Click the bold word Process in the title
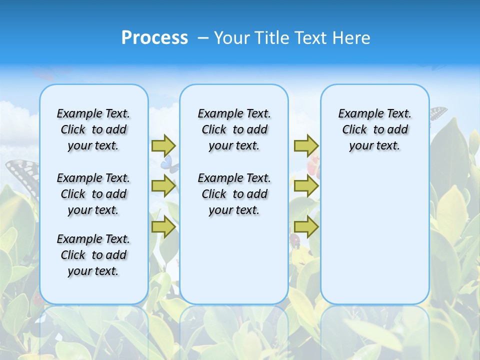pyautogui.click(x=154, y=38)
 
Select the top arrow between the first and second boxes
pyautogui.click(x=163, y=145)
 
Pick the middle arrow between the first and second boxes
pyautogui.click(x=163, y=186)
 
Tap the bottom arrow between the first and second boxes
pyautogui.click(x=163, y=227)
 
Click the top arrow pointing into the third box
pyautogui.click(x=306, y=145)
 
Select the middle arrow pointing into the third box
pyautogui.click(x=306, y=186)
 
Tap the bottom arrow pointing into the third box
pyautogui.click(x=306, y=227)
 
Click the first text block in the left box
pyautogui.click(x=93, y=129)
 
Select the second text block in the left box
pyautogui.click(x=93, y=194)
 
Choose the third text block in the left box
pyautogui.click(x=93, y=255)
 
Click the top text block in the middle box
pyautogui.click(x=234, y=129)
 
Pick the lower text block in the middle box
pyautogui.click(x=234, y=194)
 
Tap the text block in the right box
pyautogui.click(x=375, y=129)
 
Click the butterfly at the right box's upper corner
pyautogui.click(x=437, y=113)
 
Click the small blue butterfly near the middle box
pyautogui.click(x=169, y=163)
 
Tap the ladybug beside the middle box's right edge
pyautogui.click(x=295, y=241)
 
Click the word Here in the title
pyautogui.click(x=352, y=38)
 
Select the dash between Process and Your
pyautogui.click(x=203, y=38)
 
